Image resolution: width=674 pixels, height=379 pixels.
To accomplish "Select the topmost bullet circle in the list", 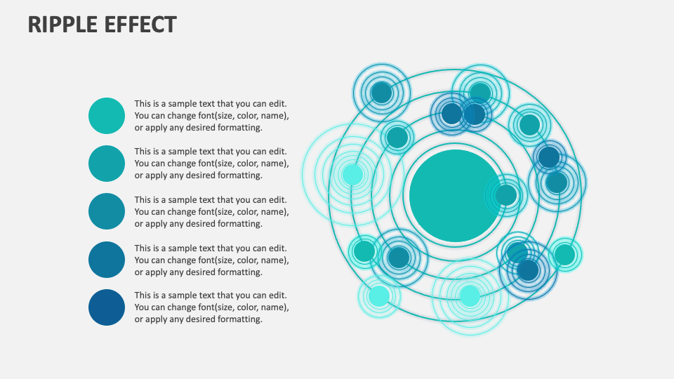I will pyautogui.click(x=107, y=116).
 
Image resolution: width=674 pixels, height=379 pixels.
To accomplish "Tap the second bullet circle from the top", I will pyautogui.click(x=107, y=164).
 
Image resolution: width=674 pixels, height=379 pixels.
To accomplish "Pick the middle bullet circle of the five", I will pyautogui.click(x=107, y=211).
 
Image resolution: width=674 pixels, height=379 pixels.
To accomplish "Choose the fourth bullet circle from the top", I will pyautogui.click(x=107, y=260).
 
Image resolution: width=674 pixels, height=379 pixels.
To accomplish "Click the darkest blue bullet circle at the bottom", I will pyautogui.click(x=107, y=307).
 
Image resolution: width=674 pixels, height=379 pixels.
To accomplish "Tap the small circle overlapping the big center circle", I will pyautogui.click(x=506, y=195).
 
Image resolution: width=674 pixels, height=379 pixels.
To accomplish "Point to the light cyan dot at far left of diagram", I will pyautogui.click(x=352, y=174).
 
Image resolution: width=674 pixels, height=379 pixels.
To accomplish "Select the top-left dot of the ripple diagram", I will pyautogui.click(x=381, y=92).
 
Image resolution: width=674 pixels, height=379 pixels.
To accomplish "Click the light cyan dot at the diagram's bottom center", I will pyautogui.click(x=470, y=295).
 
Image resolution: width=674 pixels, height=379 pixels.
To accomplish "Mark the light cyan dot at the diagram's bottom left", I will pyautogui.click(x=379, y=295).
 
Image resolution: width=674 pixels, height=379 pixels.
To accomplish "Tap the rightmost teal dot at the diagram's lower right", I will pyautogui.click(x=564, y=255).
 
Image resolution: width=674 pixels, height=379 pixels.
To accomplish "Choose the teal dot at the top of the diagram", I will pyautogui.click(x=480, y=93).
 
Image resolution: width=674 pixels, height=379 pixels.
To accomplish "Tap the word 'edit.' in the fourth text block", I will pyautogui.click(x=277, y=248).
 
